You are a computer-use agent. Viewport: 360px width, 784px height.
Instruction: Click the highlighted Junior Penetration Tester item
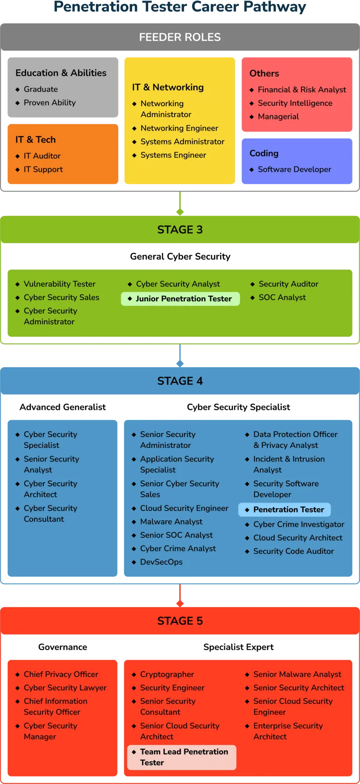[x=180, y=299]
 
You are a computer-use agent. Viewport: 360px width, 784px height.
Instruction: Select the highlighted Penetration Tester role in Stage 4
[x=284, y=510]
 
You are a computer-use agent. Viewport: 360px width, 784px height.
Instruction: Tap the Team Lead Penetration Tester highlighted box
[x=182, y=757]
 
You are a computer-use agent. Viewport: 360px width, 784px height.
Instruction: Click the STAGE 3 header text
[x=180, y=230]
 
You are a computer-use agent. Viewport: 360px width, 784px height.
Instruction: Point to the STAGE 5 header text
[x=180, y=621]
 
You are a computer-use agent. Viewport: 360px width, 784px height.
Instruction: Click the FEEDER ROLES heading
[x=180, y=37]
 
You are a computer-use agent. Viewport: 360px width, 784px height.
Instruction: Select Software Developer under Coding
[x=294, y=169]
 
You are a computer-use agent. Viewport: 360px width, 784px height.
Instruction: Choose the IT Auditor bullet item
[x=42, y=156]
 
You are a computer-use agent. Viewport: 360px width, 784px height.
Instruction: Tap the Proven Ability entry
[x=49, y=102]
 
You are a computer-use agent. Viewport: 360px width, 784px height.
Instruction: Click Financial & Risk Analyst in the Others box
[x=301, y=90]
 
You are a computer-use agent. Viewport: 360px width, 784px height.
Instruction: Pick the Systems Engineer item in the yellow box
[x=173, y=155]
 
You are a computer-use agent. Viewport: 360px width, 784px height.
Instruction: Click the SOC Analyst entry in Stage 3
[x=282, y=297]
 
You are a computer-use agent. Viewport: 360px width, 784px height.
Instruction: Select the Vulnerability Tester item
[x=59, y=284]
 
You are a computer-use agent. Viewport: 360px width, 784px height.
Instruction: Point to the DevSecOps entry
[x=161, y=562]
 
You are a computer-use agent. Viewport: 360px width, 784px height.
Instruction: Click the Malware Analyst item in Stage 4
[x=171, y=521]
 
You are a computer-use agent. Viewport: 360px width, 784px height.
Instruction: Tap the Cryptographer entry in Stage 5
[x=167, y=674]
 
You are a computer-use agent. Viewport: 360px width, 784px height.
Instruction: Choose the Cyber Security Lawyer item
[x=65, y=688]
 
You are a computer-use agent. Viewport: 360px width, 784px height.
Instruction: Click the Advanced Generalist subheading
[x=63, y=407]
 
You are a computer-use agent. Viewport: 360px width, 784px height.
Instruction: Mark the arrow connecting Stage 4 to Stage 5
[x=180, y=595]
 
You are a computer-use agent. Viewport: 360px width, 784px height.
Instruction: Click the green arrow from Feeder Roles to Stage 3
[x=180, y=203]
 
